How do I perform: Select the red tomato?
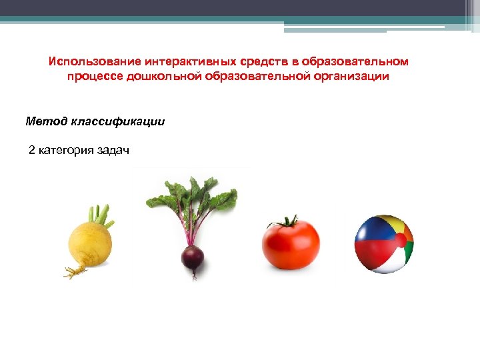point(291,244)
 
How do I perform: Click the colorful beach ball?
point(383,244)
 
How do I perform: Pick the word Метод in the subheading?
point(44,121)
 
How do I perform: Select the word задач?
point(113,150)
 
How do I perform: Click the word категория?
point(66,150)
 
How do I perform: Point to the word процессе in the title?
point(90,77)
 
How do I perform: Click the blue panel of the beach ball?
point(369,233)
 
